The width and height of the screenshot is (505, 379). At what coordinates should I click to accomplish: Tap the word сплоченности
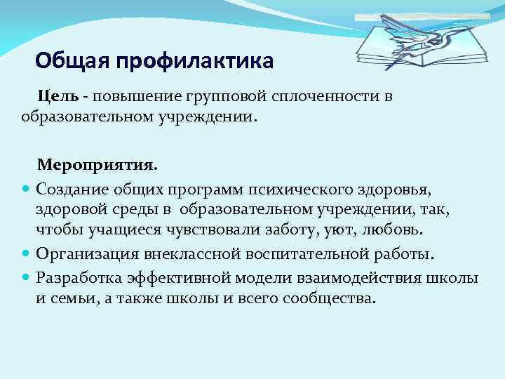click(327, 95)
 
